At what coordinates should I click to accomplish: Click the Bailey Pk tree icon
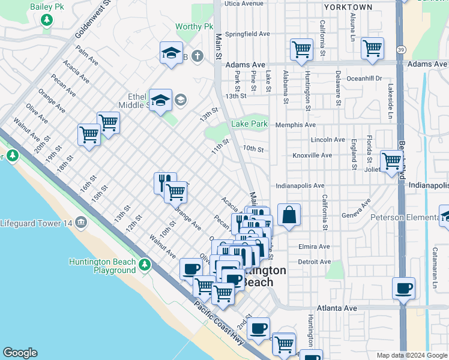(x=47, y=20)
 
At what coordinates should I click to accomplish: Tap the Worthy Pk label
(x=194, y=27)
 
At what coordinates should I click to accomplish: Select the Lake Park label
(x=249, y=124)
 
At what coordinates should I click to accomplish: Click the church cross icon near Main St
(x=198, y=56)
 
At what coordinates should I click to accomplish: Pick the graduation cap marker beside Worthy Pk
(x=171, y=53)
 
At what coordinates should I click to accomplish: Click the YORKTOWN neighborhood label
(x=348, y=7)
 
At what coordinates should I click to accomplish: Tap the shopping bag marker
(x=289, y=215)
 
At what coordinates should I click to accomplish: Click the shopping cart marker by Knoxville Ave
(x=391, y=161)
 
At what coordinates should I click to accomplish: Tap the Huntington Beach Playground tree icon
(x=144, y=265)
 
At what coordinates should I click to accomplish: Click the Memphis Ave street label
(x=295, y=125)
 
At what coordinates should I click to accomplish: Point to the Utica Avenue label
(x=244, y=3)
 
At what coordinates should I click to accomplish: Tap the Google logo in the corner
(x=20, y=353)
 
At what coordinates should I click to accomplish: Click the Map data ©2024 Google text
(x=411, y=355)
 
